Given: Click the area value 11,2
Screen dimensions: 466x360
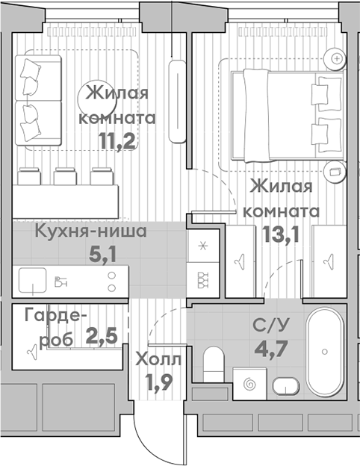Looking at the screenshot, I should click(117, 140).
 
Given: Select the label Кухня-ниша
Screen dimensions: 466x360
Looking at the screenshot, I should click(90, 231).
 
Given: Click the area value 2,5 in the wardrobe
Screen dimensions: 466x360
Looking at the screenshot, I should click(101, 335).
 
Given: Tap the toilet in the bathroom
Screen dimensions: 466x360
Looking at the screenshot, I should click(213, 363).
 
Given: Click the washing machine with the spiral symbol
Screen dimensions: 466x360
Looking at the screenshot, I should click(249, 383).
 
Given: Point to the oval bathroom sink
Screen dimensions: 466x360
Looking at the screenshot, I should click(286, 386).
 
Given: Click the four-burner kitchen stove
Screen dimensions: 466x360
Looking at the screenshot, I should click(202, 278).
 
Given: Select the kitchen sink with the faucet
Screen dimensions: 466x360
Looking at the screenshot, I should click(34, 280).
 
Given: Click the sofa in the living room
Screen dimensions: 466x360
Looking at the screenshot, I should click(37, 99).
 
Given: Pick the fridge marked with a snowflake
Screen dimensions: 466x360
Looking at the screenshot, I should click(202, 246).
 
